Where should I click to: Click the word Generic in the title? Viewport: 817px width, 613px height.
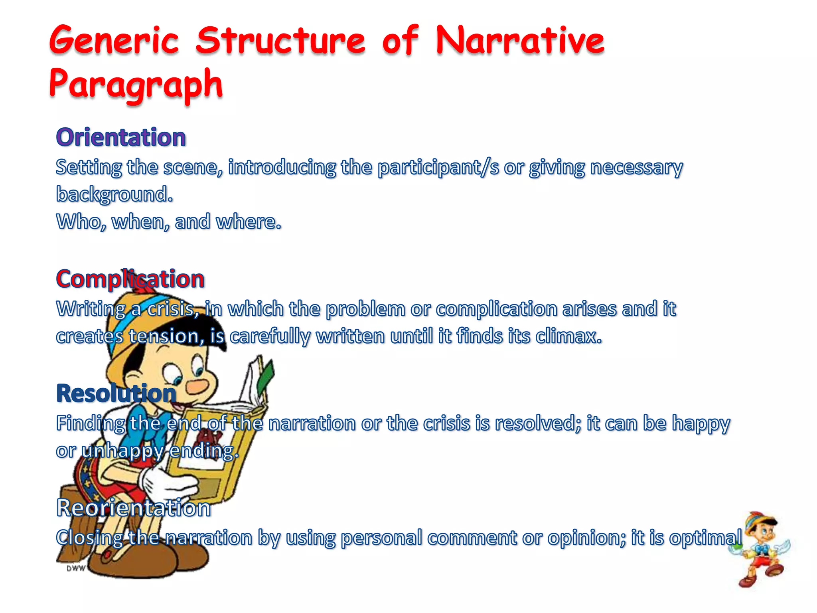(x=114, y=41)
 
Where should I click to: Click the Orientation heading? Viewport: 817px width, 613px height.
(x=121, y=137)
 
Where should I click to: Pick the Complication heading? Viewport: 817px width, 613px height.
(x=130, y=279)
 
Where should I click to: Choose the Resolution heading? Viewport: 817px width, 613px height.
(x=116, y=393)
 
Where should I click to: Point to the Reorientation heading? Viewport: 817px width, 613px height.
(x=134, y=508)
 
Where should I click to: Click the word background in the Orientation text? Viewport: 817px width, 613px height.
(x=114, y=194)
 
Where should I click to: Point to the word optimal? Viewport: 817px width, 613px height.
(x=705, y=538)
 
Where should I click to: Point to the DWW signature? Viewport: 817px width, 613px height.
(x=75, y=568)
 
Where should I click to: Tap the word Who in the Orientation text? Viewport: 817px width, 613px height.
(x=81, y=222)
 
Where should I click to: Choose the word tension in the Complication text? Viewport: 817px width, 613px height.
(x=166, y=336)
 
